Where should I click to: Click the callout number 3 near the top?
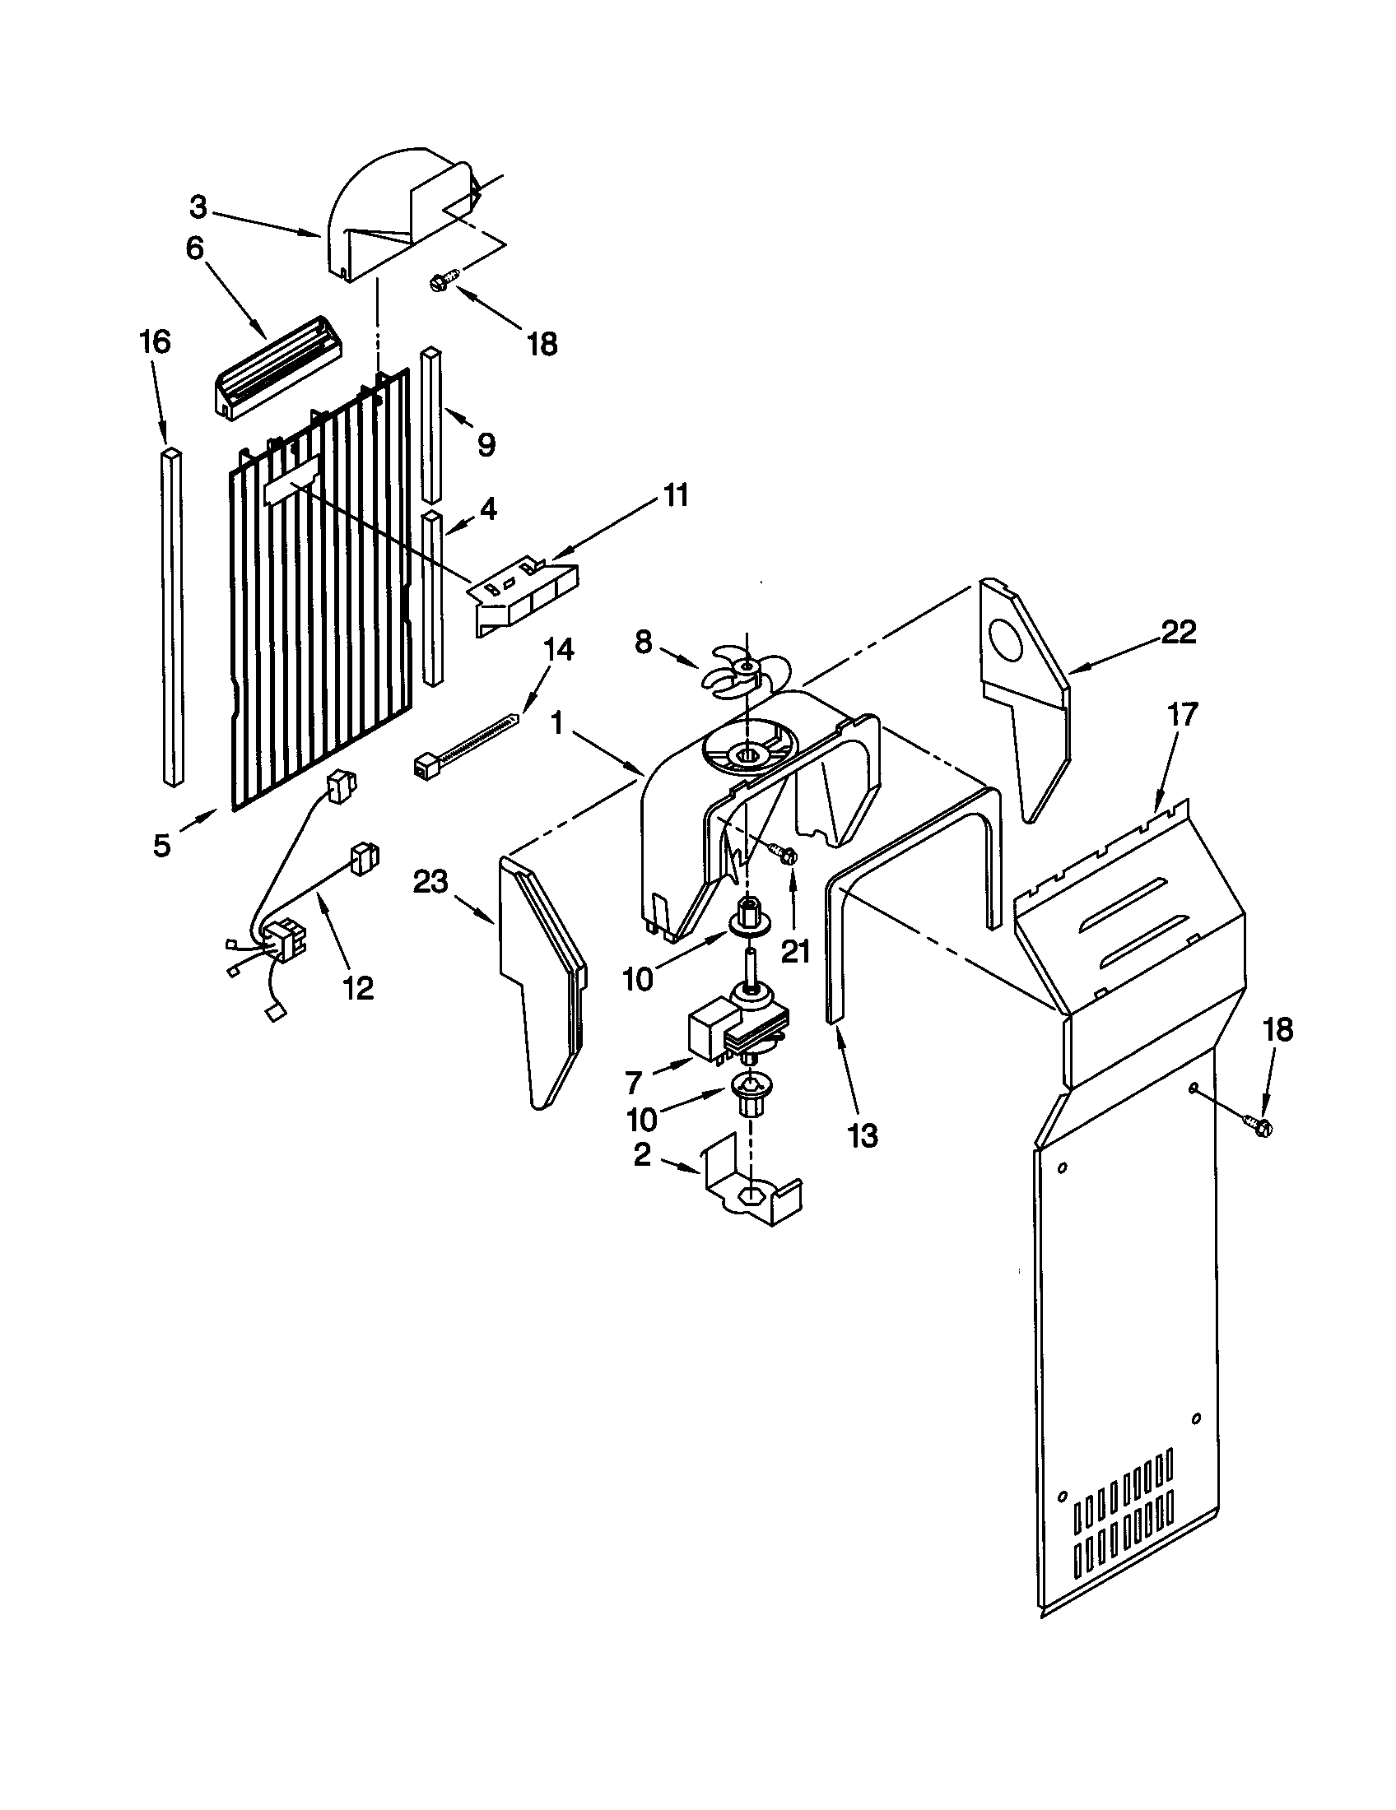pyautogui.click(x=198, y=208)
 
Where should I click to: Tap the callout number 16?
pyautogui.click(x=155, y=341)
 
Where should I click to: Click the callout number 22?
pyautogui.click(x=1179, y=633)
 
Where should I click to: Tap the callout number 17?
pyautogui.click(x=1182, y=713)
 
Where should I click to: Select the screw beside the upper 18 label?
pyautogui.click(x=439, y=281)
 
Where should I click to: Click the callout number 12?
pyautogui.click(x=358, y=986)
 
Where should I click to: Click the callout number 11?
pyautogui.click(x=676, y=496)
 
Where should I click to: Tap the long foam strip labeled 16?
pyautogui.click(x=171, y=617)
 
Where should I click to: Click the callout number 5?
pyautogui.click(x=161, y=845)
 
